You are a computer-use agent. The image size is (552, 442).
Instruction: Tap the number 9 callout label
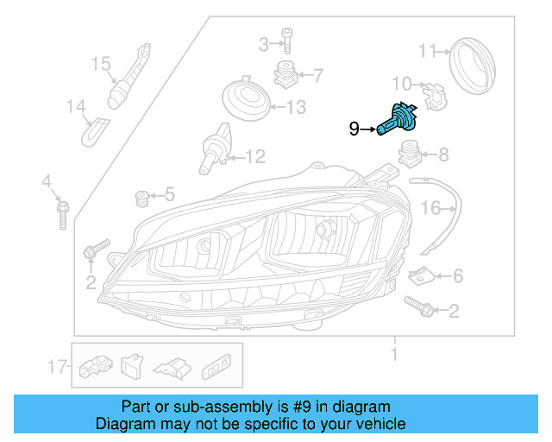pyautogui.click(x=354, y=129)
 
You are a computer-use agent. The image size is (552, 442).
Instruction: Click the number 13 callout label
pyautogui.click(x=296, y=108)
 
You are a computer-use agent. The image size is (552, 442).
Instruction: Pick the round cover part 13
pyautogui.click(x=245, y=98)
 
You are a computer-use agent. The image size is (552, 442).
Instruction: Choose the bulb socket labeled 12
pyautogui.click(x=216, y=146)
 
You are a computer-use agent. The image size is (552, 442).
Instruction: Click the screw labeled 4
pyautogui.click(x=62, y=212)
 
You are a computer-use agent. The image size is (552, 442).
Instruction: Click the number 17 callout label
pyautogui.click(x=58, y=368)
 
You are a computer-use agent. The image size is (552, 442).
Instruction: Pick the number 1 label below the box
pyautogui.click(x=394, y=355)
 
